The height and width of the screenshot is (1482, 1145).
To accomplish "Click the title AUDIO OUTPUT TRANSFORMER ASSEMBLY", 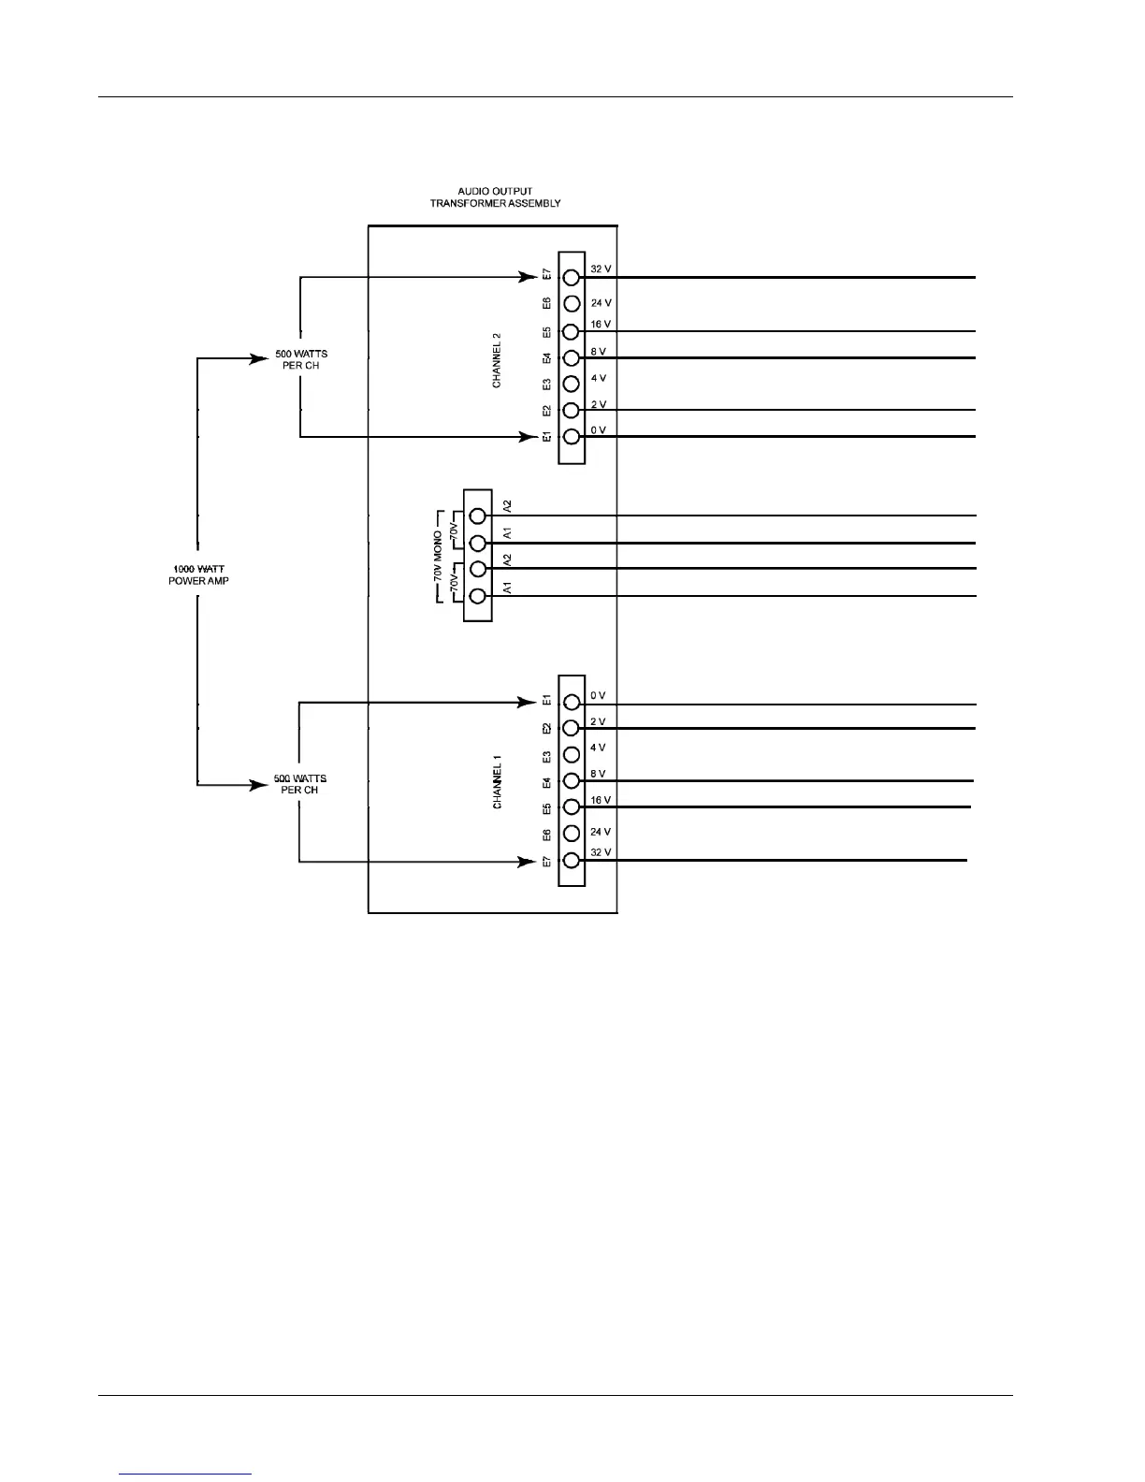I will tap(495, 197).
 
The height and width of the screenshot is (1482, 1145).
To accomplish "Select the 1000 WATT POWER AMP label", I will tap(197, 574).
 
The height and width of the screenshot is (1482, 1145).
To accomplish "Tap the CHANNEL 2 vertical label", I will tap(498, 359).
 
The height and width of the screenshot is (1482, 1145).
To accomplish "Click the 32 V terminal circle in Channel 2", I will tap(572, 277).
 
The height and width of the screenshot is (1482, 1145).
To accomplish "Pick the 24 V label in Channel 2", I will tap(601, 303).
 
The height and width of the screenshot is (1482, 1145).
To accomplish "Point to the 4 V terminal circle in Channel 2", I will tap(572, 384).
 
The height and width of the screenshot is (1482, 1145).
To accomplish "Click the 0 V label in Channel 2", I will tap(599, 430).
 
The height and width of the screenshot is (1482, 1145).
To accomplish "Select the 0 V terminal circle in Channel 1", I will tap(572, 703).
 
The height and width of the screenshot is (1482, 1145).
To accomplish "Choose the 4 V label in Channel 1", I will tap(599, 748).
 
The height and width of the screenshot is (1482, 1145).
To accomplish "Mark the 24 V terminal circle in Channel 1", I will tap(572, 834).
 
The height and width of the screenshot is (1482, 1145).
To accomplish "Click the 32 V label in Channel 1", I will tap(601, 852).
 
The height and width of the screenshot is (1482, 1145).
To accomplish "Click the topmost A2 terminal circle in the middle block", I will tap(478, 516).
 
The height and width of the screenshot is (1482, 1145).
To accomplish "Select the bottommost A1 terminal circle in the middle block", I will tap(478, 596).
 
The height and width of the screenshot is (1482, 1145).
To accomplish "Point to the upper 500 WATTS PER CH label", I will tap(300, 359).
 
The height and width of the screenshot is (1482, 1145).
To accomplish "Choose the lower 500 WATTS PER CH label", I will tap(299, 784).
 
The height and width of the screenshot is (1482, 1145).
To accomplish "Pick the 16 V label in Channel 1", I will tap(601, 800).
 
